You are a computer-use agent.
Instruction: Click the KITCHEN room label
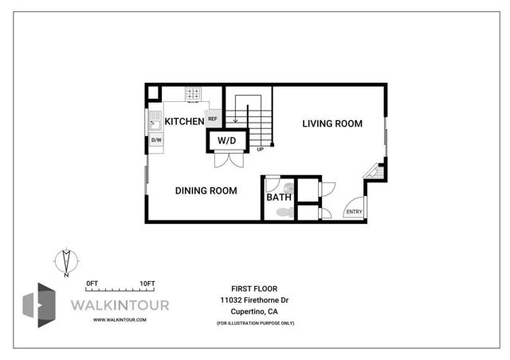[184, 121]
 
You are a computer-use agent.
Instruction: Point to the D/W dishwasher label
[156, 140]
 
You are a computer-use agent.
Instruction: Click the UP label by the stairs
[260, 149]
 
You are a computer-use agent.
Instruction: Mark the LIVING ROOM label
[332, 123]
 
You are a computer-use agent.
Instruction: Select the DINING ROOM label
[206, 190]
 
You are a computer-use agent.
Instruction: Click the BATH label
[279, 197]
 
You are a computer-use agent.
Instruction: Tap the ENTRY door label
[354, 212]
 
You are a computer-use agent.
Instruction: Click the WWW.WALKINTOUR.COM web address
[119, 319]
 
